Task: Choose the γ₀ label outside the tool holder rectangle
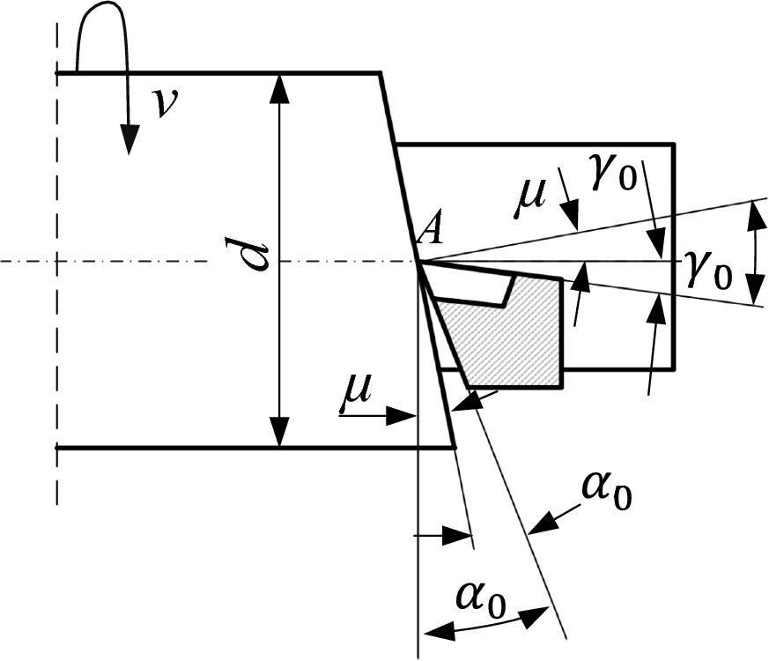(709, 265)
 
